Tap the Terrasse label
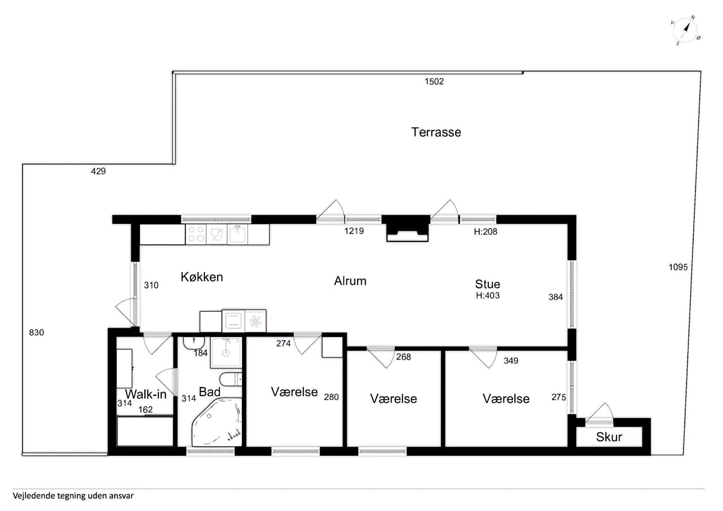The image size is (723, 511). (x=436, y=132)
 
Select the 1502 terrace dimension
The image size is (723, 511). (x=434, y=82)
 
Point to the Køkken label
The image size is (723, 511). (x=202, y=277)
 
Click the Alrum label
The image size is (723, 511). (x=350, y=281)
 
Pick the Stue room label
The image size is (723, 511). (x=488, y=284)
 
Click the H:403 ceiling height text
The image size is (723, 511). (x=488, y=296)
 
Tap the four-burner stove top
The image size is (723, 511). (x=196, y=234)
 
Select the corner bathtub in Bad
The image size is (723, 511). (x=216, y=422)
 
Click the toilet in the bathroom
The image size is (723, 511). (x=231, y=380)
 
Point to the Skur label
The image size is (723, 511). (x=609, y=437)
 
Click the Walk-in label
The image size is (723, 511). (x=146, y=394)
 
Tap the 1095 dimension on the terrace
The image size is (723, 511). (x=678, y=267)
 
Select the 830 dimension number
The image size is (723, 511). (x=36, y=333)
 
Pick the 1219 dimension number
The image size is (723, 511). (x=354, y=231)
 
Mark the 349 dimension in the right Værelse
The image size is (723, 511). (x=511, y=361)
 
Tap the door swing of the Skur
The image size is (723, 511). (x=600, y=411)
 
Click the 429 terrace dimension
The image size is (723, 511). (x=98, y=171)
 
